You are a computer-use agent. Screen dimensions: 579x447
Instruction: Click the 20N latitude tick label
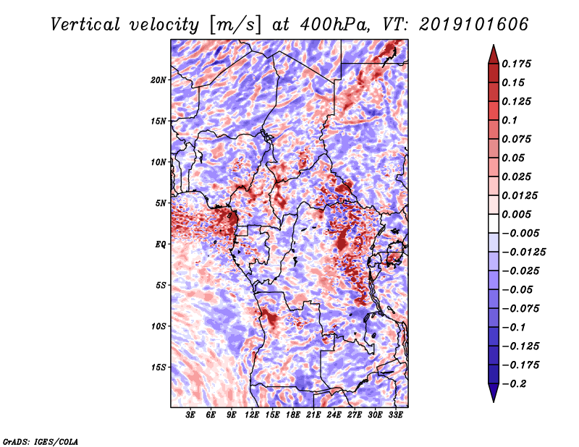159,80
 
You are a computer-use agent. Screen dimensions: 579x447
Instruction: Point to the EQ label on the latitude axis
160,244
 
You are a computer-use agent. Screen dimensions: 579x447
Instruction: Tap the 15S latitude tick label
159,367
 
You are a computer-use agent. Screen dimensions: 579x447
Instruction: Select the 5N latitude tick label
161,203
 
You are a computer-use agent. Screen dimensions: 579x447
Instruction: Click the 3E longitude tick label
190,415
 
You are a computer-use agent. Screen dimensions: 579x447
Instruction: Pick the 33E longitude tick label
395,415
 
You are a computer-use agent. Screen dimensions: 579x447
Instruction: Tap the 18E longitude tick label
293,415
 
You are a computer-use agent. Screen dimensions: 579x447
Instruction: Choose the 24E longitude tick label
334,415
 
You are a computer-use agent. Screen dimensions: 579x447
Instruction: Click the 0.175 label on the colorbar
516,64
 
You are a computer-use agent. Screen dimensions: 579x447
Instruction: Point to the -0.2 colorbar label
514,384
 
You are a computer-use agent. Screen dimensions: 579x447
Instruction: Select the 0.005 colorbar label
516,214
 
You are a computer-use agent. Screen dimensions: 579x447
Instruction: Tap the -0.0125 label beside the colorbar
523,252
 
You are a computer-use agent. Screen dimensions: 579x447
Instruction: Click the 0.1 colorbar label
510,120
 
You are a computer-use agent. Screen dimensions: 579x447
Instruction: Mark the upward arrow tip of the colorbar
494,45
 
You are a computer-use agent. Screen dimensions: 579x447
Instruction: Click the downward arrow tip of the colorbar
494,401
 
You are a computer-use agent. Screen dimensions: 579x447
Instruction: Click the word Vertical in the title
85,25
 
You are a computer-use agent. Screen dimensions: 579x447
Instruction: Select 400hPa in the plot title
334,25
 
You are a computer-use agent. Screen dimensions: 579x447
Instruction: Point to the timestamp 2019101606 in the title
474,25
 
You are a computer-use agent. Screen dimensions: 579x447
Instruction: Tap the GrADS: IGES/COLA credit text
41,441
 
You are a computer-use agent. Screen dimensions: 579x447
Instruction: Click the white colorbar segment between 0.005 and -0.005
494,223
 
